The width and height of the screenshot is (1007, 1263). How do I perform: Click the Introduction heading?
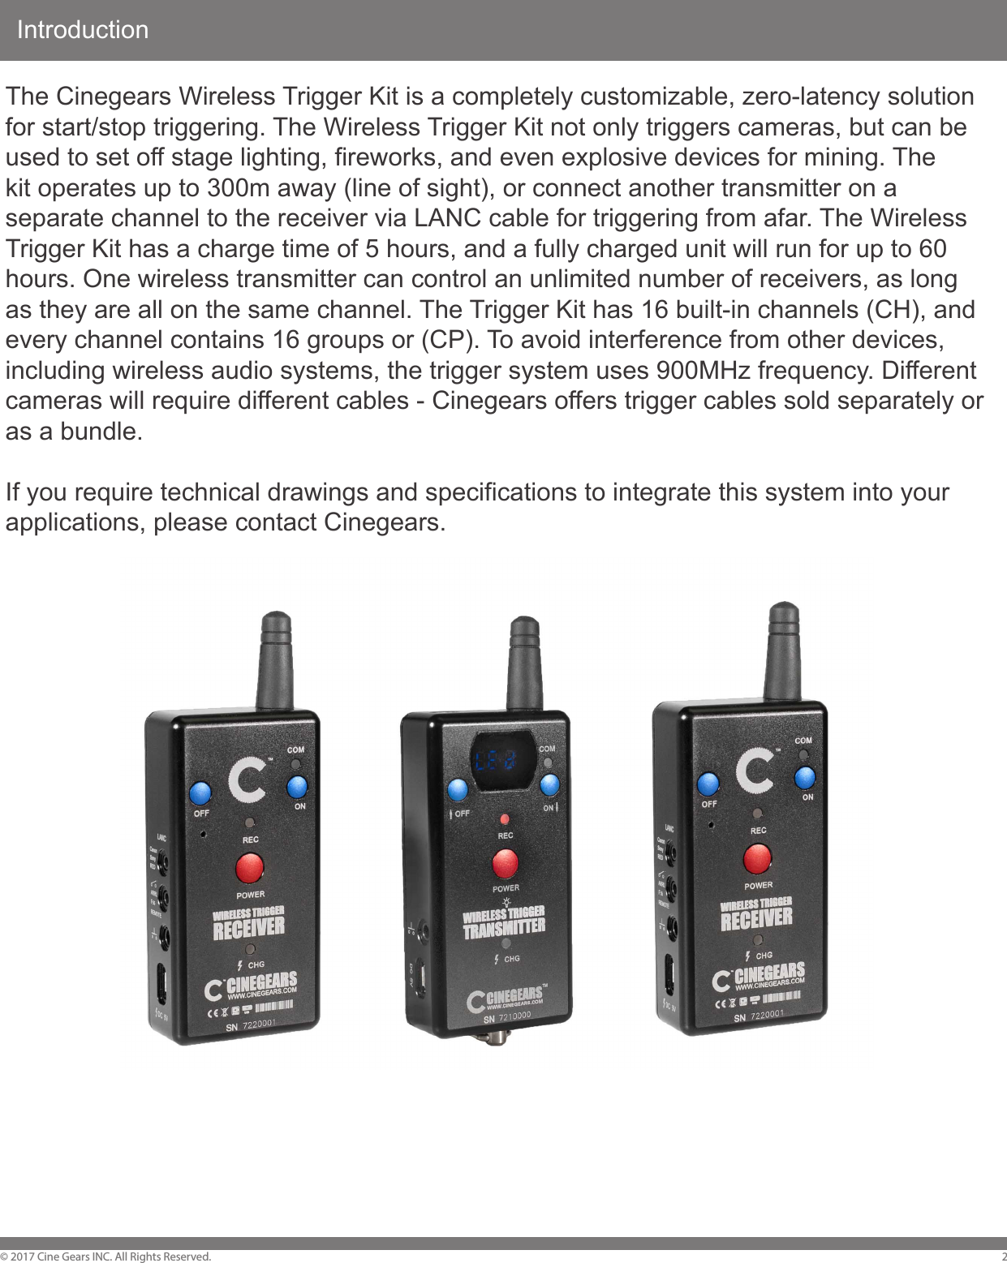pos(83,30)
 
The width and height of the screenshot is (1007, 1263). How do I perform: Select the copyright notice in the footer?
pos(106,1257)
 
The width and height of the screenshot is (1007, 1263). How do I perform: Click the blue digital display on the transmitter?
pos(496,762)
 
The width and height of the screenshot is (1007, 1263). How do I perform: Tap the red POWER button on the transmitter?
pos(505,864)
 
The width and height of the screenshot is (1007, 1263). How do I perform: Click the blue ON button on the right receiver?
pos(804,777)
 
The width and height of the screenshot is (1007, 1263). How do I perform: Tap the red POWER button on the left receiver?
pos(249,868)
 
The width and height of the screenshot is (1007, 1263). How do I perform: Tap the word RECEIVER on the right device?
pos(756,920)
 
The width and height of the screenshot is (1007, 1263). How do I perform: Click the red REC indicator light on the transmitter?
pos(505,819)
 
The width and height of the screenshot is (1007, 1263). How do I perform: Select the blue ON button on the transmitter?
pos(549,784)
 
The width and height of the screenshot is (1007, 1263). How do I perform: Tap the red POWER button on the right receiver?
pos(757,858)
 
